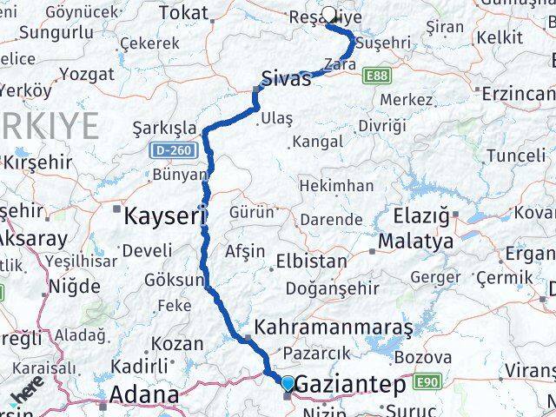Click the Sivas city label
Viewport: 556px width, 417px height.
[x=287, y=79]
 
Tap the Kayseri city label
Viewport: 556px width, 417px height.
[x=165, y=214]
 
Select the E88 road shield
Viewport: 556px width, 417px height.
[x=377, y=76]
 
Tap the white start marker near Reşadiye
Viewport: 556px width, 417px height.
[x=330, y=15]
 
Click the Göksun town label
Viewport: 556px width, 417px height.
[x=175, y=281]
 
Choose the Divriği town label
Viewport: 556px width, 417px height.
[x=382, y=126]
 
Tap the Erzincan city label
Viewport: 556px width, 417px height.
[x=517, y=93]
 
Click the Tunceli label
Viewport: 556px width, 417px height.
[x=515, y=156]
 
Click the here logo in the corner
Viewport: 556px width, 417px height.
[x=26, y=396]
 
